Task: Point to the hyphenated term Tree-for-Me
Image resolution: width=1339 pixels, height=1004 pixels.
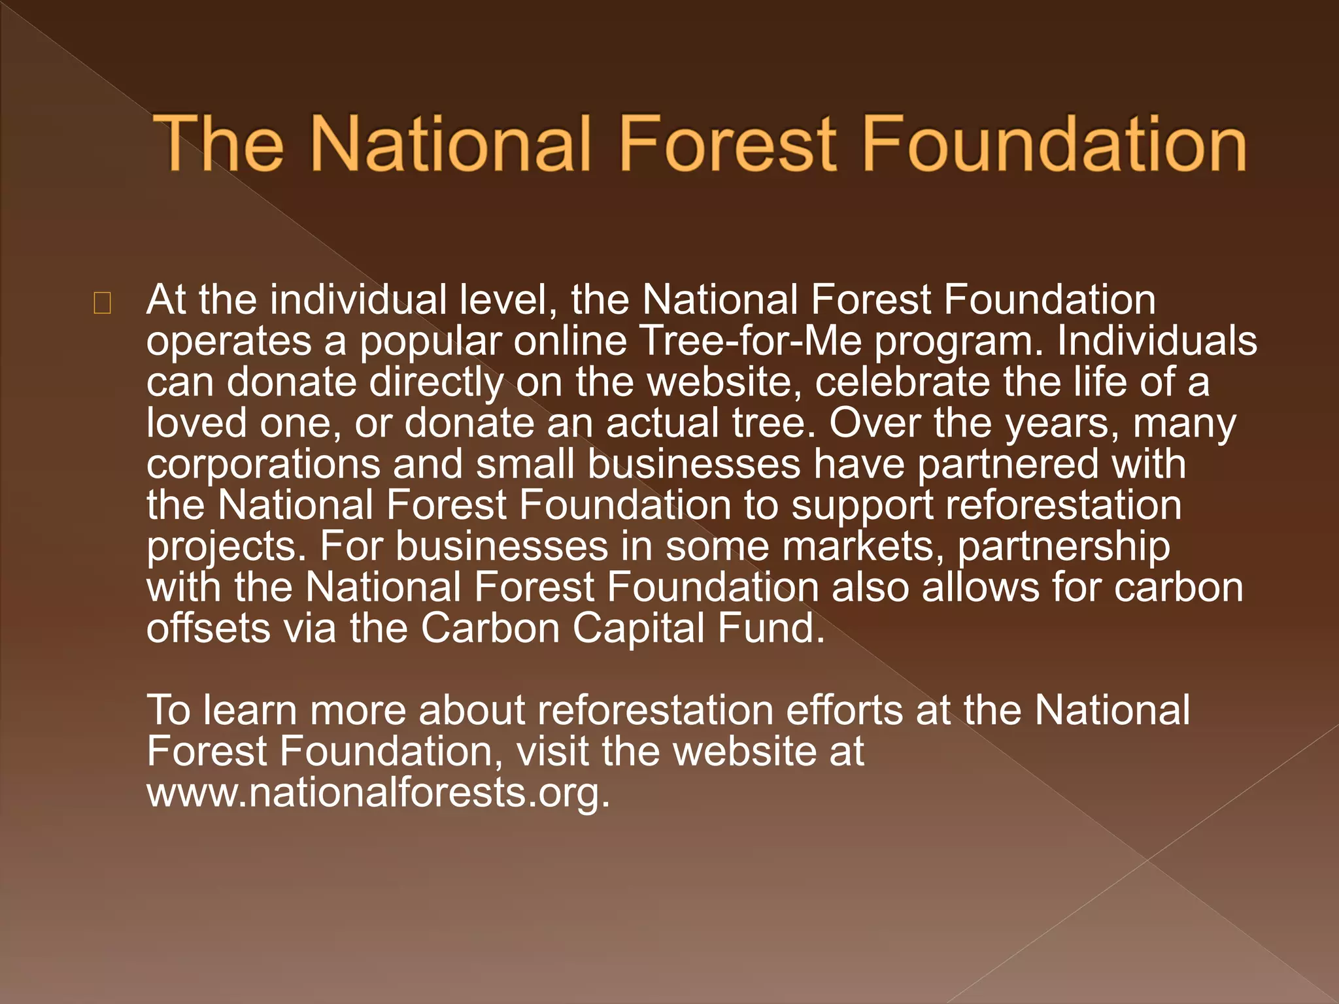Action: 750,341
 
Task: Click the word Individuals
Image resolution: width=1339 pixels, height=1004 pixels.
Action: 1157,341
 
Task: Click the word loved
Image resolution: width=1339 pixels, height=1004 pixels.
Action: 197,423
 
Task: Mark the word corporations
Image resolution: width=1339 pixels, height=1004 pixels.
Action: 263,465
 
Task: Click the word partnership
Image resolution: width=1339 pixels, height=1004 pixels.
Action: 1064,547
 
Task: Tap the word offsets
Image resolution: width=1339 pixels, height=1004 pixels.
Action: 208,628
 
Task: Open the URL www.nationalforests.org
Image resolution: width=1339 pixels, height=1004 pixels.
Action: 378,793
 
